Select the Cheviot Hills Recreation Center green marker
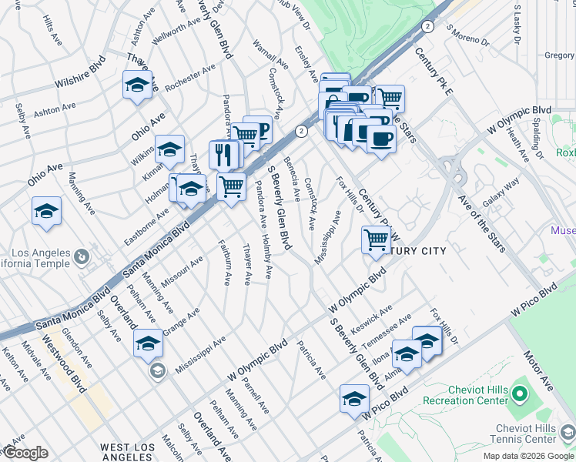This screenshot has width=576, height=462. (x=519, y=396)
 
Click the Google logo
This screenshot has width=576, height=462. (x=25, y=453)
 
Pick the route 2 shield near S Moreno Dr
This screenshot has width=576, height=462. (x=427, y=26)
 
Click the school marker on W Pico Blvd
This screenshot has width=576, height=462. (x=354, y=399)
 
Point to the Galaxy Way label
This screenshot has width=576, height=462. (x=501, y=192)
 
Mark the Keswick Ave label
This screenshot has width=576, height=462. (x=374, y=316)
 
